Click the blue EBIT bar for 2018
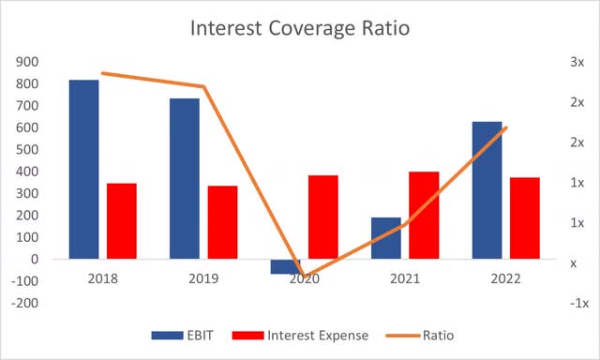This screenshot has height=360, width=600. (x=83, y=169)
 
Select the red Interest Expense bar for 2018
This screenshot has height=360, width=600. (x=121, y=220)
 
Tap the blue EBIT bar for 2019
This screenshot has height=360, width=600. (x=185, y=178)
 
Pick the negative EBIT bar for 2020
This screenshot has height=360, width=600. (x=285, y=266)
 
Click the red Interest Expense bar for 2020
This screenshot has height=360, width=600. (x=322, y=217)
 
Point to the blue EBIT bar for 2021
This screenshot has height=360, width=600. (x=385, y=238)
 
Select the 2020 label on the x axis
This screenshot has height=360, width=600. (x=304, y=280)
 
